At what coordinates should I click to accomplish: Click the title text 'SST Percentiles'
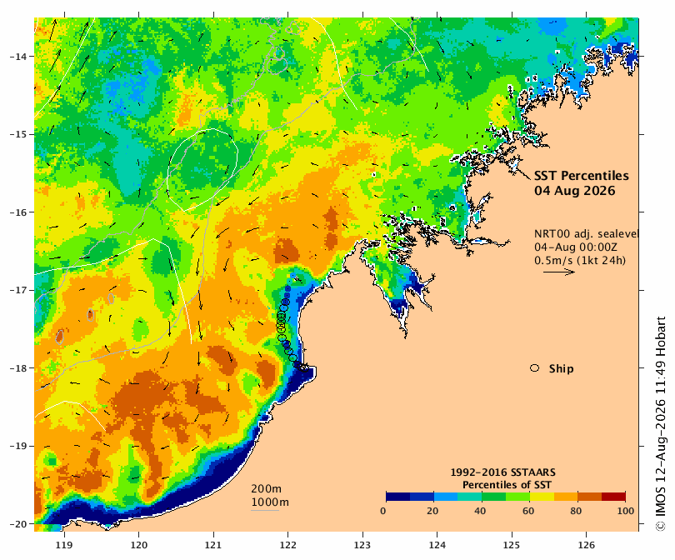tap(581, 176)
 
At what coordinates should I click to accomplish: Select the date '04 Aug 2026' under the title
tap(575, 191)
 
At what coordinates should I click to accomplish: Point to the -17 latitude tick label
tap(17, 290)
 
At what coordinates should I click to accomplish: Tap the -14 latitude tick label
tap(17, 57)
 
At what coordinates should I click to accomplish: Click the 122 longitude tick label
tap(287, 545)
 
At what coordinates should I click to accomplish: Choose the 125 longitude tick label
tap(512, 545)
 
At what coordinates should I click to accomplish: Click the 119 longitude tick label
tap(64, 545)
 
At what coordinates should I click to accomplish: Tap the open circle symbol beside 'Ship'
tap(535, 368)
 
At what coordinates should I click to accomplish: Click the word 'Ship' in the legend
tap(562, 369)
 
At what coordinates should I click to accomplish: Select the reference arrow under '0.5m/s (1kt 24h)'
tap(559, 272)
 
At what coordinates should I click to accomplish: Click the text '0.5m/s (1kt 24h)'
tap(580, 260)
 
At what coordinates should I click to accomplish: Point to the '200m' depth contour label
tap(266, 489)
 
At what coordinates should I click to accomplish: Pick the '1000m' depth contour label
tap(270, 502)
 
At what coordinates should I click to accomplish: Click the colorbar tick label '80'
tap(576, 511)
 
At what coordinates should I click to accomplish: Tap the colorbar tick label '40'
tap(479, 511)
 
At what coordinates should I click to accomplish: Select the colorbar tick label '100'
tap(626, 511)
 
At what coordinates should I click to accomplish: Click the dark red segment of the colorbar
tap(613, 497)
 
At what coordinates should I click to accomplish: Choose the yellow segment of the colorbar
tap(542, 497)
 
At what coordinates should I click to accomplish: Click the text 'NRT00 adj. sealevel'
tap(586, 233)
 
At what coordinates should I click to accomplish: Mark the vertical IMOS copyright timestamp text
tap(660, 424)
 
